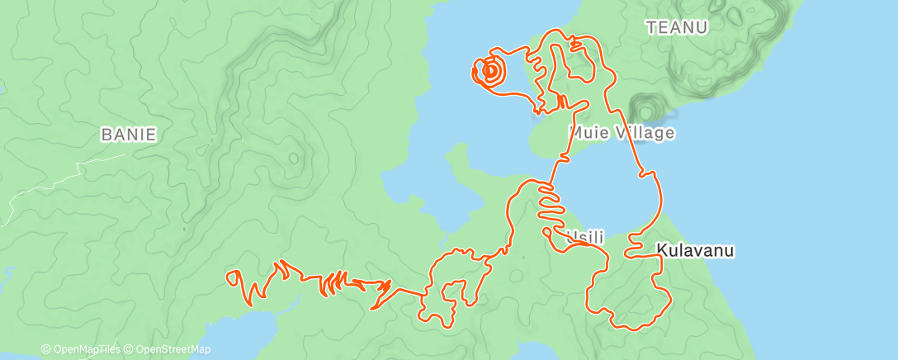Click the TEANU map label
(x=678, y=27)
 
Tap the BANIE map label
(x=128, y=134)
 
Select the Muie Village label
(x=622, y=132)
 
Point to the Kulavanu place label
(x=695, y=249)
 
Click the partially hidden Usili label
(x=587, y=238)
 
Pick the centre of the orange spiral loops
(x=489, y=71)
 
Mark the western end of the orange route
(x=229, y=277)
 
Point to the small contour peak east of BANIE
(x=292, y=157)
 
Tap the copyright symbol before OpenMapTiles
(x=45, y=350)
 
